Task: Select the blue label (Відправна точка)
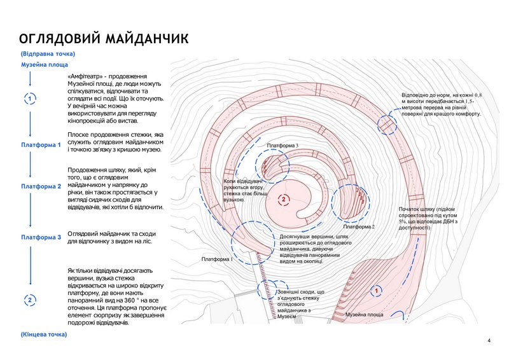click(47, 54)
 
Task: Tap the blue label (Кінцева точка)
click(43, 334)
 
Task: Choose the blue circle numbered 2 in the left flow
click(30, 300)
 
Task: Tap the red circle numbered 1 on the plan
click(377, 290)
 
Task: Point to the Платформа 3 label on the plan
click(282, 146)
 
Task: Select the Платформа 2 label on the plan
click(359, 226)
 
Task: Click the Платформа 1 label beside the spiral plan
click(217, 259)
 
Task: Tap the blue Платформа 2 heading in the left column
click(41, 186)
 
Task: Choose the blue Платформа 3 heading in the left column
click(41, 237)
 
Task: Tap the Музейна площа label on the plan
click(364, 315)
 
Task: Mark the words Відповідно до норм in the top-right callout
click(426, 95)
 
